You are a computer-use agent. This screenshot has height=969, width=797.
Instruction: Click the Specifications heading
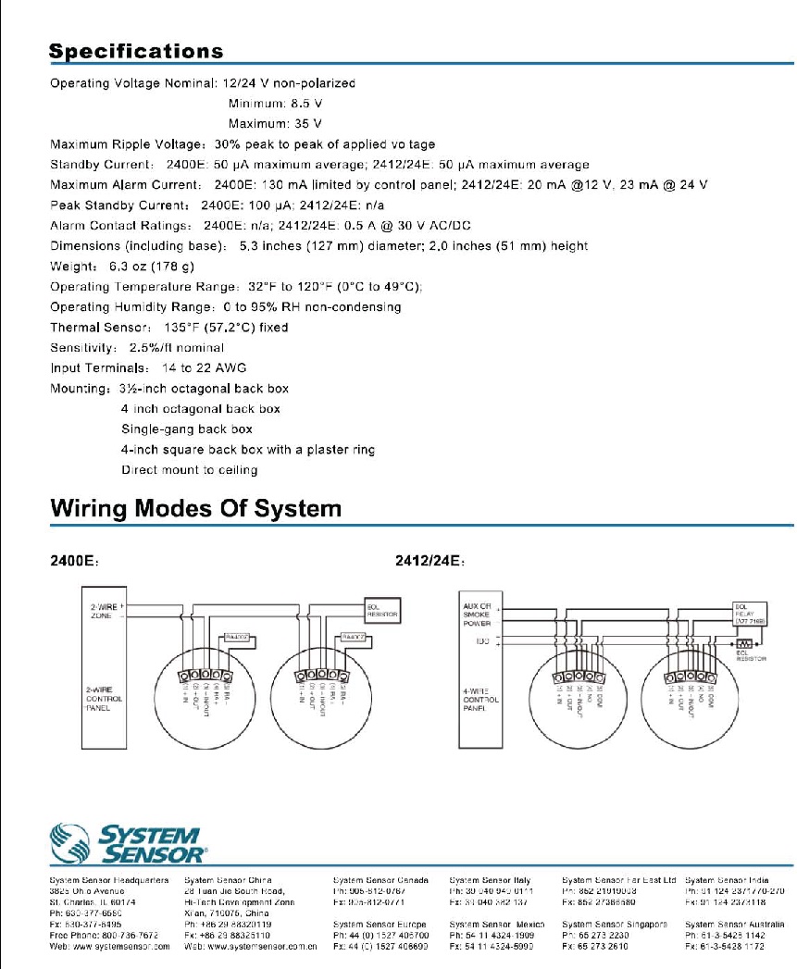[x=136, y=52]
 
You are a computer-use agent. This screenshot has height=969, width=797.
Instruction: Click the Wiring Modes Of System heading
[x=195, y=508]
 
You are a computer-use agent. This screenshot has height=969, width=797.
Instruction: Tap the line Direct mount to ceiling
[x=190, y=470]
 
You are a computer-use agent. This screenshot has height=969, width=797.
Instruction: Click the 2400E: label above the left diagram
[x=75, y=560]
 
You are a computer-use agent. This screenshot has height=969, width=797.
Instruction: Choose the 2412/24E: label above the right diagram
[x=429, y=560]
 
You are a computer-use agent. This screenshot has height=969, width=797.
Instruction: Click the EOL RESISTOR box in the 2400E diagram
[x=382, y=610]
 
